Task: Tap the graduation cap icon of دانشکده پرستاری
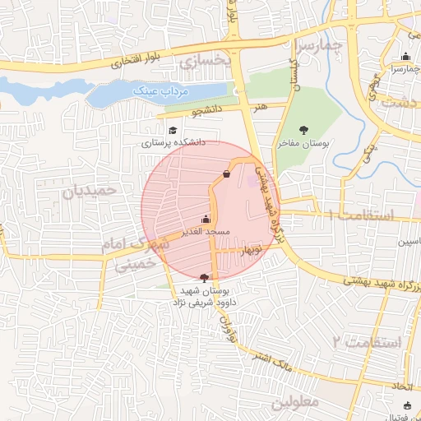(x=173, y=131)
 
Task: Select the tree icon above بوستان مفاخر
(x=303, y=129)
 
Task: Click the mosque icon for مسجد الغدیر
(x=205, y=220)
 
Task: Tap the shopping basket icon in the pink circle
(x=226, y=174)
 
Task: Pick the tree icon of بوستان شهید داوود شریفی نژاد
(x=204, y=277)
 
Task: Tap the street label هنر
(x=260, y=107)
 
